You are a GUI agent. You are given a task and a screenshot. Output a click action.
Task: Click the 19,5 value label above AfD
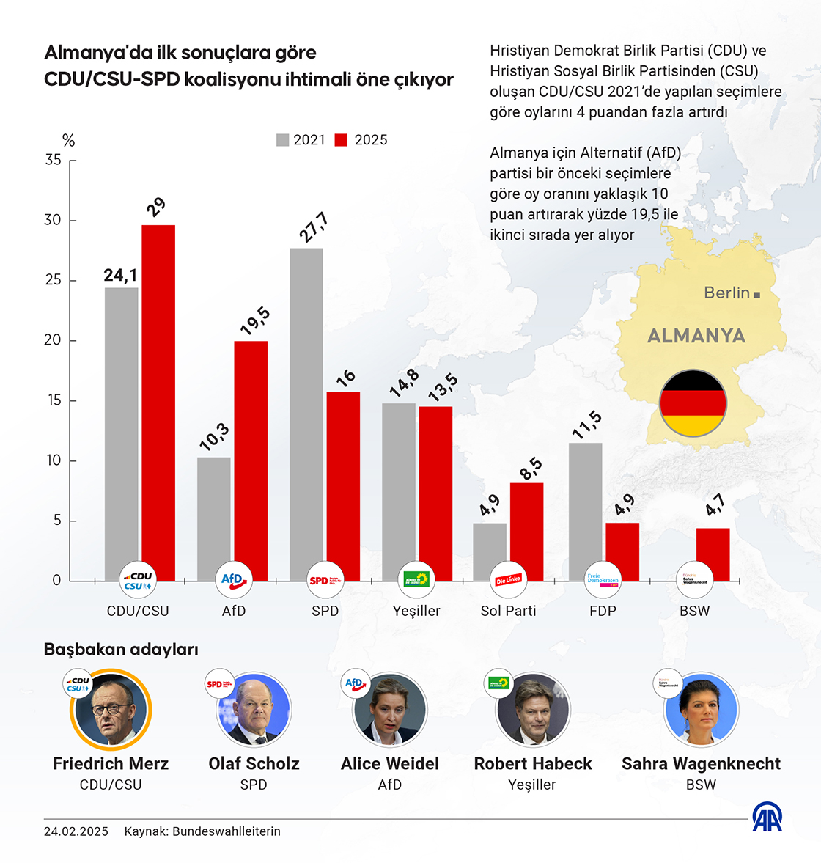[255, 321]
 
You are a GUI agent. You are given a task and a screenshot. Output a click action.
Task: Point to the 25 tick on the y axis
[53, 280]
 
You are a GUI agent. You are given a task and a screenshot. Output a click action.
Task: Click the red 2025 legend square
[341, 140]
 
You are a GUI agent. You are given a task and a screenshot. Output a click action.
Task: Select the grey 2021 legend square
[282, 140]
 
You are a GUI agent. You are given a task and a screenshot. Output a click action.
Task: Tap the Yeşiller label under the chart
[416, 611]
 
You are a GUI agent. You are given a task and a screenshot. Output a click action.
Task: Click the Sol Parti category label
[508, 611]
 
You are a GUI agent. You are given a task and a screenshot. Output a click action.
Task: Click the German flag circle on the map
[693, 404]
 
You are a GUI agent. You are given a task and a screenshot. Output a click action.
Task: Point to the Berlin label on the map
[727, 293]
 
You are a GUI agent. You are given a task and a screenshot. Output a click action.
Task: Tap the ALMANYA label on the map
[696, 336]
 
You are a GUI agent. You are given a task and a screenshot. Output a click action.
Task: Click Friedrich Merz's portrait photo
[111, 710]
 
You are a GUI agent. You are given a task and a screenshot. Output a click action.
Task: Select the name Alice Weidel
[390, 763]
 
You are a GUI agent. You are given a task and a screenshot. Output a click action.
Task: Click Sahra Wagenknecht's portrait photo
[701, 710]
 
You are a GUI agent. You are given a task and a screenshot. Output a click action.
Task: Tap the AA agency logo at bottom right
[767, 817]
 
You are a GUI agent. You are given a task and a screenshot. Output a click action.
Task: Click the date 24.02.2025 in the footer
[76, 831]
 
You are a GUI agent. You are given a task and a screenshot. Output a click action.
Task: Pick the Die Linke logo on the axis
[508, 580]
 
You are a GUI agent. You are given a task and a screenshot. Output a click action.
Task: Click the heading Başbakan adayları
[121, 649]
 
